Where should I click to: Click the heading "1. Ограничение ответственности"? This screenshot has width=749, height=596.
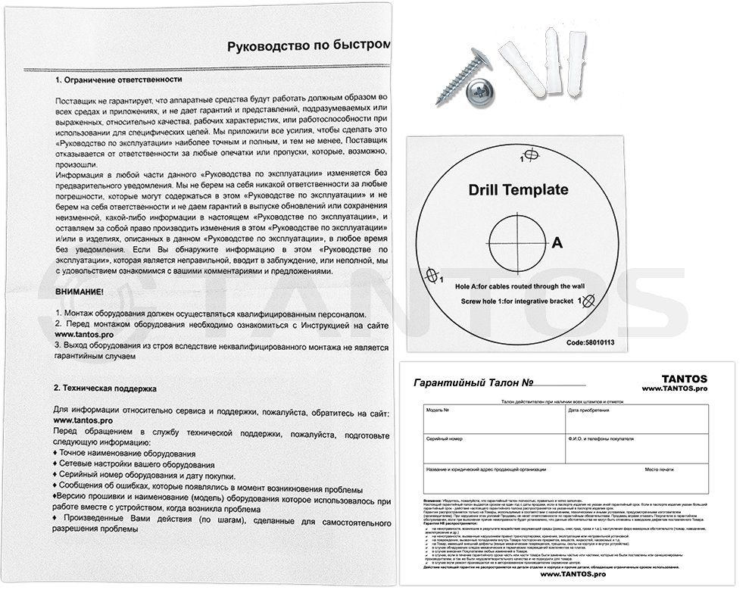(119, 79)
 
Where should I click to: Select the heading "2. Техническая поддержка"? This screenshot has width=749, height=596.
(105, 388)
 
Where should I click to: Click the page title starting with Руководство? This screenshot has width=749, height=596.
(309, 46)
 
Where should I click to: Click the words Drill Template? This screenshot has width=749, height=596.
(518, 189)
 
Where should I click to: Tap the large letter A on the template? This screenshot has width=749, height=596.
(557, 243)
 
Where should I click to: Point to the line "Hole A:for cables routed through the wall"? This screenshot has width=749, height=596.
(518, 286)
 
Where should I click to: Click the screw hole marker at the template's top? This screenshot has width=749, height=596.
(530, 154)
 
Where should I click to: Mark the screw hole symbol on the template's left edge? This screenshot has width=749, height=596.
(433, 273)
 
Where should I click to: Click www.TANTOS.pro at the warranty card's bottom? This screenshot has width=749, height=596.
(573, 575)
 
